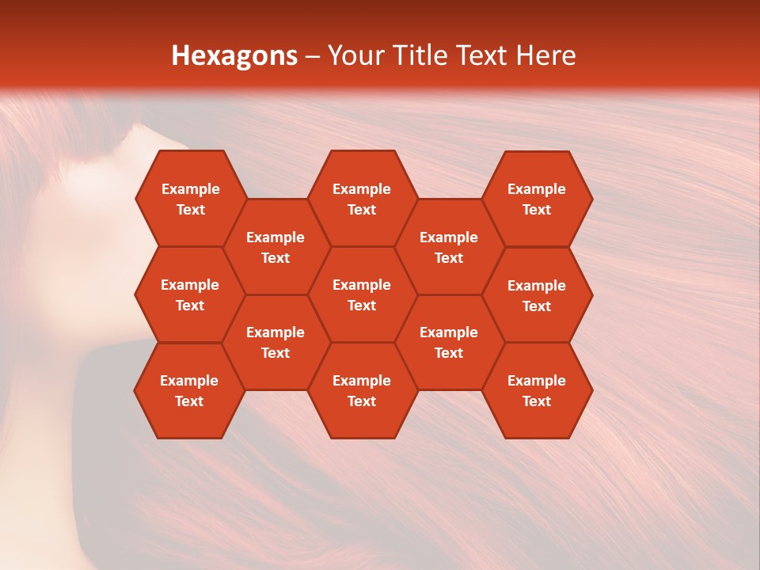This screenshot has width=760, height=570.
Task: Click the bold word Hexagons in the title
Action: point(234,55)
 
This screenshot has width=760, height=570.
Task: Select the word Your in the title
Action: point(353,55)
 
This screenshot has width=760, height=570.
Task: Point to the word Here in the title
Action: point(546,55)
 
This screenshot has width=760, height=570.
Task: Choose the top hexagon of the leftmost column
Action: point(190,199)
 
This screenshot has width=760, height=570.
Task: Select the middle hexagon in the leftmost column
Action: point(190,294)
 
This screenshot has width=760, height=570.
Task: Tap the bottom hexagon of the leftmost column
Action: point(189,390)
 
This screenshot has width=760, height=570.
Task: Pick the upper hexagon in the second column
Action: point(275,247)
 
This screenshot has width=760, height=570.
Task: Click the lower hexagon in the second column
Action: point(275,342)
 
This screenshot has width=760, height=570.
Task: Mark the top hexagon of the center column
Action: point(362,199)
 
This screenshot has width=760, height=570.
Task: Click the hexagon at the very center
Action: point(362,294)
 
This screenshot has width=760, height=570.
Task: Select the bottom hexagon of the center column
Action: point(362,390)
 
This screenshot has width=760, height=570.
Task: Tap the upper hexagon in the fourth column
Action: point(449,247)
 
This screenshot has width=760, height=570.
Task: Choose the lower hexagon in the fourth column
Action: point(449,342)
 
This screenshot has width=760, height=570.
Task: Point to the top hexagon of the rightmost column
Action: point(537,199)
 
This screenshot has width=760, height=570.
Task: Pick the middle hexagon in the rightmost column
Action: point(537,295)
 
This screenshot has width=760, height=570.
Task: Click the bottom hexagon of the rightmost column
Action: point(537,390)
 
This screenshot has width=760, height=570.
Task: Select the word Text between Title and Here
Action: point(482,55)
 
